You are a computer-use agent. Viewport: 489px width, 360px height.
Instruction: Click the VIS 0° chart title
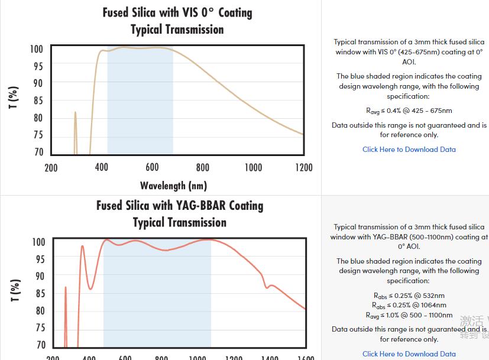click(x=177, y=12)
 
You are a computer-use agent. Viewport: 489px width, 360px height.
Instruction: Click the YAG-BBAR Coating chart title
click(x=180, y=206)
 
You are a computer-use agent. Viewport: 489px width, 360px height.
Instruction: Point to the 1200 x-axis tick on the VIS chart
click(x=304, y=167)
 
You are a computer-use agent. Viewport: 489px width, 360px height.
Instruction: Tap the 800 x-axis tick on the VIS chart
click(x=203, y=167)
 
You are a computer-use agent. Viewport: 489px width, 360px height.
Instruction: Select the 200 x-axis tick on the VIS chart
click(x=51, y=167)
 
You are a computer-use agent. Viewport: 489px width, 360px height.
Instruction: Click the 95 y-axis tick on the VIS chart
click(x=37, y=66)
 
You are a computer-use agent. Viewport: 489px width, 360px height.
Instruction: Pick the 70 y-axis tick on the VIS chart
click(x=37, y=152)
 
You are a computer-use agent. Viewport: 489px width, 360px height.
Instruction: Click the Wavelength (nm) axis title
click(x=173, y=186)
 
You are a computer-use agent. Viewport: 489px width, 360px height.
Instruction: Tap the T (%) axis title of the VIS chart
click(x=14, y=98)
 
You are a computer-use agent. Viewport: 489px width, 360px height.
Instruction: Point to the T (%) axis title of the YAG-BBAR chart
click(x=15, y=290)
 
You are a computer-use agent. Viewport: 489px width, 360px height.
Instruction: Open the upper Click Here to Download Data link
click(x=409, y=150)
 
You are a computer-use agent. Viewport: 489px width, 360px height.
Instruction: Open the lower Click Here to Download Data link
click(x=409, y=354)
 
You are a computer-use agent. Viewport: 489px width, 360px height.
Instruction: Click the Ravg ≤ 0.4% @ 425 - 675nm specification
click(x=409, y=111)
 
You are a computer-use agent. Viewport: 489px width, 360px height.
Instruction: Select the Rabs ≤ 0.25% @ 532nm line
click(x=409, y=296)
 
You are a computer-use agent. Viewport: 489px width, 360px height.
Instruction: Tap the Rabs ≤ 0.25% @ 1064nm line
click(x=409, y=306)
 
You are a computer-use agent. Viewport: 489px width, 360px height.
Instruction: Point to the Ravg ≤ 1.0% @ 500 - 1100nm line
click(x=409, y=315)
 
